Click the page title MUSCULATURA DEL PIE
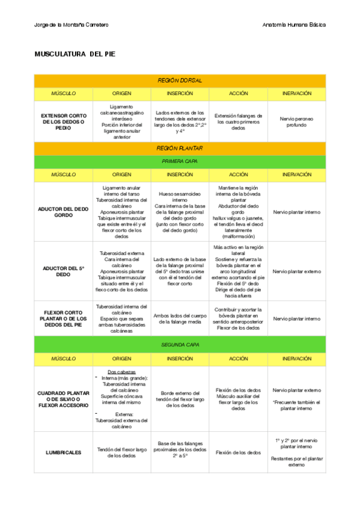click(75, 54)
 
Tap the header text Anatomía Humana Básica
click(294, 25)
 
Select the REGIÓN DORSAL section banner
click(180, 80)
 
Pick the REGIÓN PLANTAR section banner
click(180, 148)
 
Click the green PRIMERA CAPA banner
click(180, 161)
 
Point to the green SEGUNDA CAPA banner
click(180, 345)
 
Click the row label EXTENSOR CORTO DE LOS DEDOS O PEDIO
click(63, 121)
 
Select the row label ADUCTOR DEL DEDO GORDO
click(63, 212)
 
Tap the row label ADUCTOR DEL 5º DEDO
click(63, 271)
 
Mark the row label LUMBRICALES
click(63, 452)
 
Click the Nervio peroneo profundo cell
click(296, 121)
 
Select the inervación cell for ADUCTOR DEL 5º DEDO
click(296, 271)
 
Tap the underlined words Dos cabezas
click(121, 372)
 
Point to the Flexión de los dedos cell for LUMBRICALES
click(238, 452)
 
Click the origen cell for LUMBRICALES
click(121, 452)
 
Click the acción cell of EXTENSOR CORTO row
click(238, 121)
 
